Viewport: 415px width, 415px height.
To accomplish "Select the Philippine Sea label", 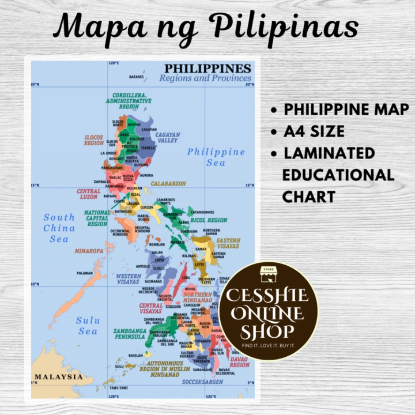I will (216, 157).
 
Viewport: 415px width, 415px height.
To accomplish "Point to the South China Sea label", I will (59, 228).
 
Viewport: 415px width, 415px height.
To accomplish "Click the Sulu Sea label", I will (88, 326).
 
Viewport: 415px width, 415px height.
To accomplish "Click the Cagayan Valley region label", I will (168, 138).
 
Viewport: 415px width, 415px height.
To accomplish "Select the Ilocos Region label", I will (93, 140).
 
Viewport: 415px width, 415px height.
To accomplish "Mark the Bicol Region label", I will (209, 220).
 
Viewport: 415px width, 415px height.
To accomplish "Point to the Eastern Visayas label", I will (228, 243).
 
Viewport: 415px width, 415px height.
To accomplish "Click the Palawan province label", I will (85, 273).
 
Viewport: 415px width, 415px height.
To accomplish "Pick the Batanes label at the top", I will (136, 77).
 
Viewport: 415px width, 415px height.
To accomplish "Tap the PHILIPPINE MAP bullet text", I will (346, 110).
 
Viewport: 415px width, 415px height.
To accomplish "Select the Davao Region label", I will (239, 362).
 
